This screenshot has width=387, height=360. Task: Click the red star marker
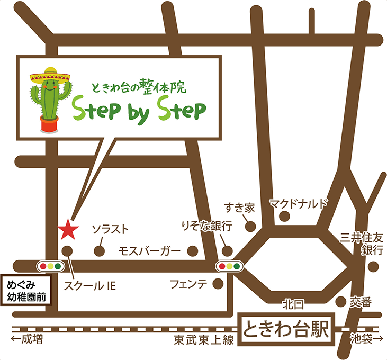[x=68, y=229]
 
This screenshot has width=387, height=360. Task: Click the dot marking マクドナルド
[x=285, y=216]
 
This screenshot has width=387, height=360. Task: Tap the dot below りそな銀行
[x=227, y=250]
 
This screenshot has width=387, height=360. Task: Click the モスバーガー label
[x=150, y=250]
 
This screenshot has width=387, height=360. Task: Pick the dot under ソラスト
[x=98, y=250]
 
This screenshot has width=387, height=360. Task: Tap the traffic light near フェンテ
[x=230, y=266]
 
